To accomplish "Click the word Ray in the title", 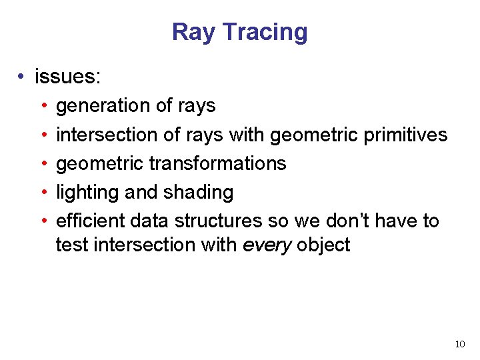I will coord(193,32).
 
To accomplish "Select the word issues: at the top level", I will coord(68,77).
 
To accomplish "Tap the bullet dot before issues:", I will coord(23,77).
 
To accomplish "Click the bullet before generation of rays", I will coord(43,106).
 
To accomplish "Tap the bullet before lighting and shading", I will coord(43,193).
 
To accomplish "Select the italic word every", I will coord(267,245).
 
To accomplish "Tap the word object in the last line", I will coord(323,245).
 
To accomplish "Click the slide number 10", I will coord(459,344).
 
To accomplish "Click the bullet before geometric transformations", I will coord(43,163).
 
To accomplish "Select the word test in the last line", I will coord(72,245).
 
